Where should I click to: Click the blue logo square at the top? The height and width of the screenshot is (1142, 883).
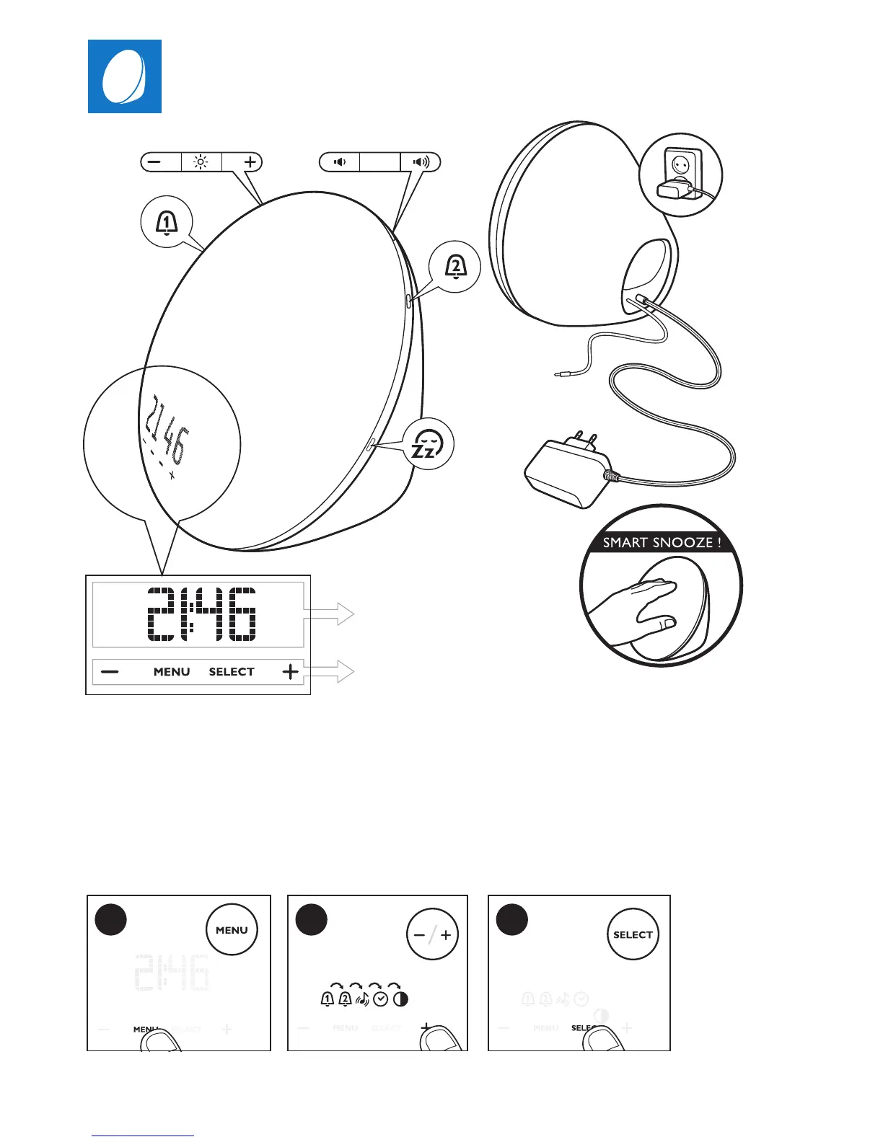pyautogui.click(x=125, y=76)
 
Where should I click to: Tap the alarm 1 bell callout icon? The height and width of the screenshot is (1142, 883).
pyautogui.click(x=167, y=223)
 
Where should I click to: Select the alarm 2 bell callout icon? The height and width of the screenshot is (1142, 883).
pyautogui.click(x=455, y=267)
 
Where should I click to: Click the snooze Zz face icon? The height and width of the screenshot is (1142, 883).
pyautogui.click(x=429, y=443)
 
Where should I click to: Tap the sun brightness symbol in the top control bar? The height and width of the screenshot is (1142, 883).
pyautogui.click(x=201, y=162)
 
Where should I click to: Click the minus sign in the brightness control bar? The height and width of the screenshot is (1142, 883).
pyautogui.click(x=154, y=162)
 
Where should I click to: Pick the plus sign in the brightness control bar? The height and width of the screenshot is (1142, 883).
pyautogui.click(x=250, y=162)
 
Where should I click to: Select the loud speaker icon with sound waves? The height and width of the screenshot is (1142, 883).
pyautogui.click(x=421, y=162)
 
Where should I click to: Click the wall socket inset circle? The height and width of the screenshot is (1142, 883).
pyautogui.click(x=681, y=174)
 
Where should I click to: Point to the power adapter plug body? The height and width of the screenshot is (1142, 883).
pyautogui.click(x=566, y=472)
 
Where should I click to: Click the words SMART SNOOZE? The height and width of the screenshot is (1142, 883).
pyautogui.click(x=662, y=542)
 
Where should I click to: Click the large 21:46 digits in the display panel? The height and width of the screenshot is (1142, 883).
pyautogui.click(x=201, y=614)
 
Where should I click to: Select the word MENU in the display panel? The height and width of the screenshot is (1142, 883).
pyautogui.click(x=172, y=672)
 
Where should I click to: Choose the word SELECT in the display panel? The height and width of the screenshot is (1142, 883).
pyautogui.click(x=232, y=672)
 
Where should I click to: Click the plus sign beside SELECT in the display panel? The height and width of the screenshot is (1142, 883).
pyautogui.click(x=290, y=672)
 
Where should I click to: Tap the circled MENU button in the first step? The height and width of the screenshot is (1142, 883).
pyautogui.click(x=232, y=930)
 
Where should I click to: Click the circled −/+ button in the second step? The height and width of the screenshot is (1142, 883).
pyautogui.click(x=432, y=934)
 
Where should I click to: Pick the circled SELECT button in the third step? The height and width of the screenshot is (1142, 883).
pyautogui.click(x=633, y=934)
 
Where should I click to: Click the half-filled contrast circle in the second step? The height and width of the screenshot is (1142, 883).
pyautogui.click(x=400, y=999)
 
